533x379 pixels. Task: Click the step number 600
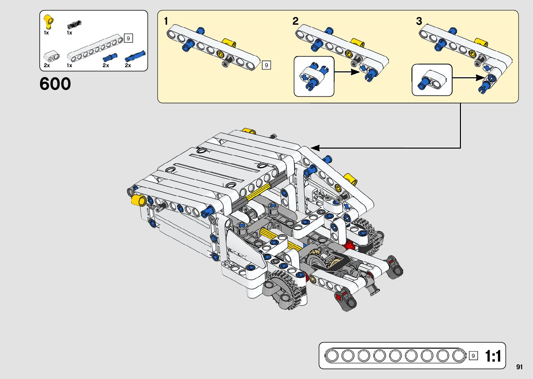tap(55, 84)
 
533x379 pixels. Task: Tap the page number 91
tap(519, 367)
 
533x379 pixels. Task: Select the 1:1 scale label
tap(493, 356)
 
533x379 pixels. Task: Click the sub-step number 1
tap(166, 21)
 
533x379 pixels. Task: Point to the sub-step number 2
tap(295, 21)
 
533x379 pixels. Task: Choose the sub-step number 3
tap(419, 21)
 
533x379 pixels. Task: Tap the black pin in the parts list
tap(75, 24)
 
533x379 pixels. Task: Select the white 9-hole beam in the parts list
tap(95, 48)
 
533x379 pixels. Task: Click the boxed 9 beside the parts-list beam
tap(128, 38)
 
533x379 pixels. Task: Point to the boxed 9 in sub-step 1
tap(266, 65)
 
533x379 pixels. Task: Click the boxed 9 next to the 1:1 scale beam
tap(473, 356)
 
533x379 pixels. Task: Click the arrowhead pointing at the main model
tap(315, 148)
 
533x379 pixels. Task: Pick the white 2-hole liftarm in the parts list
tap(52, 57)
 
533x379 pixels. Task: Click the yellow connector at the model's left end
tap(139, 200)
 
